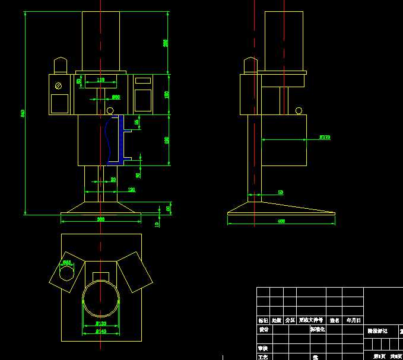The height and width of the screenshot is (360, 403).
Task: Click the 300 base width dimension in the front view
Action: pyautogui.click(x=101, y=219)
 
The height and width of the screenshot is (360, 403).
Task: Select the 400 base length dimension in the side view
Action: pyautogui.click(x=281, y=221)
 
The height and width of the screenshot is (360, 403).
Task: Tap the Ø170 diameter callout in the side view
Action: pyautogui.click(x=325, y=137)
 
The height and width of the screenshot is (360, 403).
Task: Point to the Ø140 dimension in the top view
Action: pyautogui.click(x=101, y=332)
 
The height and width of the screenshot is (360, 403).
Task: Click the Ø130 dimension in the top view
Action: pyautogui.click(x=101, y=324)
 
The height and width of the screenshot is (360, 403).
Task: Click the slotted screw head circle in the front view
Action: pyautogui.click(x=58, y=85)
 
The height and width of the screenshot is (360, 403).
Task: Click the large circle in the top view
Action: pyautogui.click(x=101, y=300)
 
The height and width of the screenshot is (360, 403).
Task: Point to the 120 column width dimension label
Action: pyautogui.click(x=131, y=190)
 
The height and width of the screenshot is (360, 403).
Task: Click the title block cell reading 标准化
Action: pyautogui.click(x=317, y=330)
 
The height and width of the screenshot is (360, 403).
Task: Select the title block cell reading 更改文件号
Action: pyautogui.click(x=311, y=320)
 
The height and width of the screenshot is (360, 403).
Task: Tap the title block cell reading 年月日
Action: pyautogui.click(x=354, y=320)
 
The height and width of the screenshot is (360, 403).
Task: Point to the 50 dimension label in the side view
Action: pyautogui.click(x=281, y=192)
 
